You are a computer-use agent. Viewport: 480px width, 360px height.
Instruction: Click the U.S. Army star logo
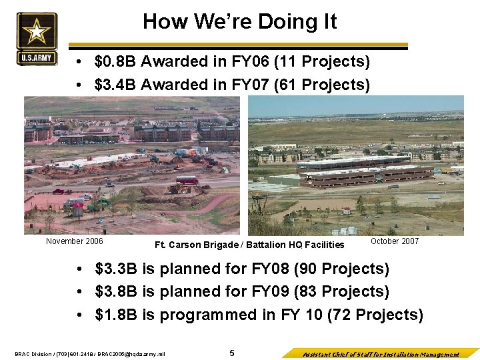37,39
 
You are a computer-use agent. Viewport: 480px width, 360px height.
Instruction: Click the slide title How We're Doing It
239,21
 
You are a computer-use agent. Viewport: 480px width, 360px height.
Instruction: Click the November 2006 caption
75,241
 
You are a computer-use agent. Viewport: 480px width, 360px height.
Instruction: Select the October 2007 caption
395,241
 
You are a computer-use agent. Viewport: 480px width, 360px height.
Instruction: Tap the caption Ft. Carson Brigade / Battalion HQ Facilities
249,245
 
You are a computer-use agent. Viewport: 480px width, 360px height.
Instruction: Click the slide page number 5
232,353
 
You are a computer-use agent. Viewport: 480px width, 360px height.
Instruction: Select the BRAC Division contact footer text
89,354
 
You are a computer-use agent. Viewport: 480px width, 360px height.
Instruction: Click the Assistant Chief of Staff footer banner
380,354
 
